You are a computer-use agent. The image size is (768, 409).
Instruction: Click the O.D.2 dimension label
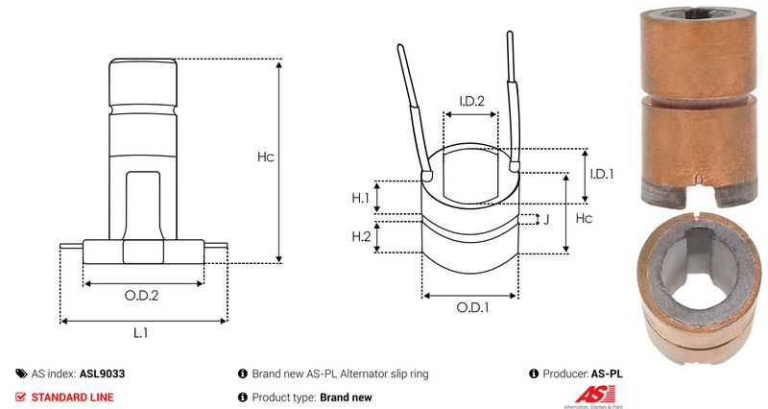click(143, 296)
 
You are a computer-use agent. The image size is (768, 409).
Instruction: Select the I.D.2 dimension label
click(471, 100)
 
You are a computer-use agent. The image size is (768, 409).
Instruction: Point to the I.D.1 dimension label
click(602, 174)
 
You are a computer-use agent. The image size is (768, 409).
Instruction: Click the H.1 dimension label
click(360, 198)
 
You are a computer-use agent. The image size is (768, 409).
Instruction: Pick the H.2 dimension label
click(361, 236)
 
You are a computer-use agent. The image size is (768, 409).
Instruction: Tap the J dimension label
click(545, 220)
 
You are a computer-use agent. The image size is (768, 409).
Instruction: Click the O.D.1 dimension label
click(472, 308)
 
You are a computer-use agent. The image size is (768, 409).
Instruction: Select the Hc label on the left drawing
click(265, 157)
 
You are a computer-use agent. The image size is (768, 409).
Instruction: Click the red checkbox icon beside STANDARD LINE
click(21, 397)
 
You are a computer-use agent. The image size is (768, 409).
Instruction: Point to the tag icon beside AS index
click(21, 373)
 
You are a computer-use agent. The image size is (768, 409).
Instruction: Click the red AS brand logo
click(588, 395)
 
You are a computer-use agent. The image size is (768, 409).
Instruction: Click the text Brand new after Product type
click(346, 397)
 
